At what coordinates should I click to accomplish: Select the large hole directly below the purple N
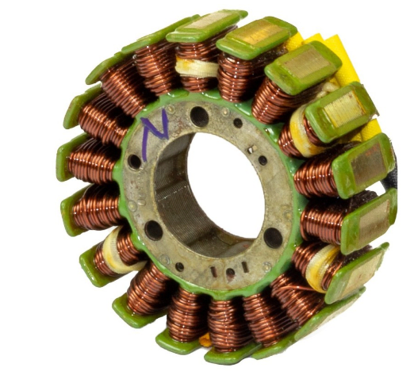[x=135, y=162]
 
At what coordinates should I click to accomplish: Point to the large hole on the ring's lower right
[x=272, y=236]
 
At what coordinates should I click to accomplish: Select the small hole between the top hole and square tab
[x=237, y=123]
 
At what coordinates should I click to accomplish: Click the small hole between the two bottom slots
[x=230, y=273]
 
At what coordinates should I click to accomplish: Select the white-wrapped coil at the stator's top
[x=197, y=70]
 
